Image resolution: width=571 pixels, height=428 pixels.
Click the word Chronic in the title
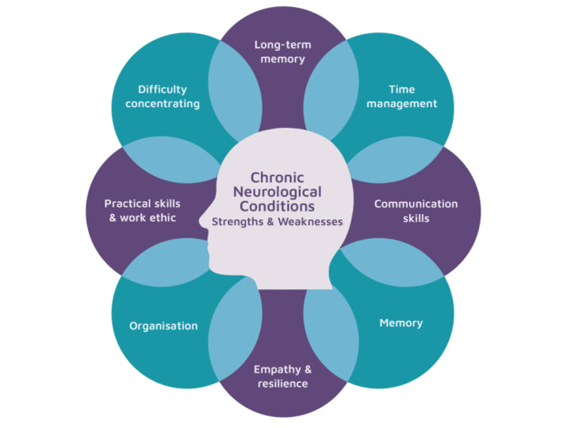pyautogui.click(x=277, y=178)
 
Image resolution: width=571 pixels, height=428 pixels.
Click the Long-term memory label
pyautogui.click(x=284, y=52)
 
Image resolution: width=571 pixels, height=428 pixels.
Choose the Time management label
pyautogui.click(x=401, y=96)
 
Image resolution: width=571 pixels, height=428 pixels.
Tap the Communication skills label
pyautogui.click(x=416, y=211)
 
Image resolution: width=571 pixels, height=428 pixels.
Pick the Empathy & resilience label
pyautogui.click(x=282, y=376)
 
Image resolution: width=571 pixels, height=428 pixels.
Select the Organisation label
pyautogui.click(x=163, y=326)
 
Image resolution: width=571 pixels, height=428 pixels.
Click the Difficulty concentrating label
pyautogui.click(x=168, y=96)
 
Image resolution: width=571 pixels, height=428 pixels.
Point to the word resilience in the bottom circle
pyautogui.click(x=282, y=384)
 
